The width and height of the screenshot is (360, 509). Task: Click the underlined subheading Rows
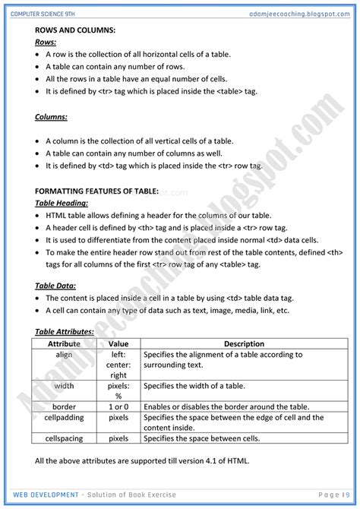(x=46, y=43)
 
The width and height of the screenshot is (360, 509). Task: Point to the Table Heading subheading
(x=62, y=203)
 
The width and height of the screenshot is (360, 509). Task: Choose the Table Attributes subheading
(x=65, y=332)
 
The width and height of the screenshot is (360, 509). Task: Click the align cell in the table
(x=64, y=354)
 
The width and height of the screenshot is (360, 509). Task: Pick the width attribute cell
(x=64, y=386)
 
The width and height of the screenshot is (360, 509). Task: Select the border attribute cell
(x=64, y=406)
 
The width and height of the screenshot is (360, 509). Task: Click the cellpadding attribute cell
(x=64, y=417)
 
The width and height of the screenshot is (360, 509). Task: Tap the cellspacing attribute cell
(x=64, y=438)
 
